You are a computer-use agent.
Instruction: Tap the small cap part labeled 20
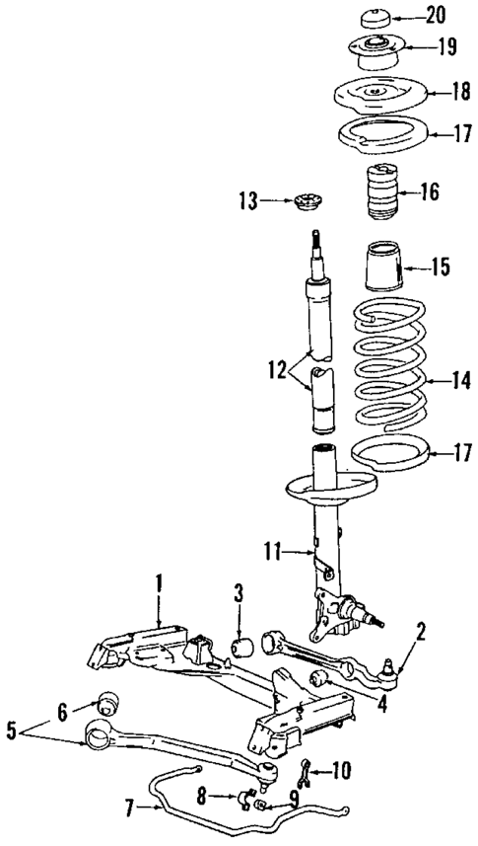375,19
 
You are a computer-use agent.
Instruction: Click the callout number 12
276,372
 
